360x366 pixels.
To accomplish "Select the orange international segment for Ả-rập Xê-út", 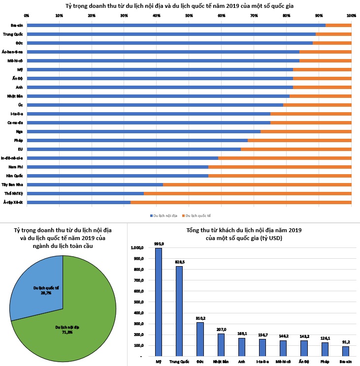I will (241, 202).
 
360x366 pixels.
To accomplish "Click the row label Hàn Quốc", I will (16, 176).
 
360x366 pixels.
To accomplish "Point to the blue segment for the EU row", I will (133, 149).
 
